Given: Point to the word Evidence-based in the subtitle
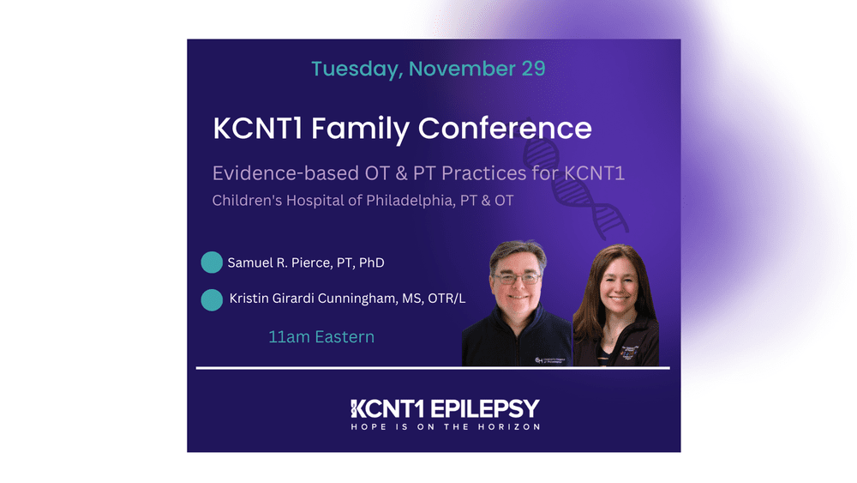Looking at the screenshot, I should [x=279, y=173].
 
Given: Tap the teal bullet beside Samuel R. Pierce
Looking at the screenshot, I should [x=212, y=263].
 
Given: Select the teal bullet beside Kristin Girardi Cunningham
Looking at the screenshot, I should [x=212, y=299].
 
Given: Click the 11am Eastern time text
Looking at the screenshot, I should [x=321, y=337].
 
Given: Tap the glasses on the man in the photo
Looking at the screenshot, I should [x=516, y=277].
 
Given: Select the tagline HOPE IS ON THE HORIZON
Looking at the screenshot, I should [x=445, y=426].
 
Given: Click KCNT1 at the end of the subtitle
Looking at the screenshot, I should [x=594, y=173].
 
